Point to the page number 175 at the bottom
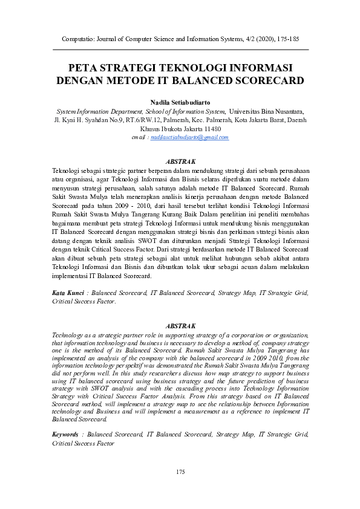tap(180, 472)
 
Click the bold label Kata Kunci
tap(67, 293)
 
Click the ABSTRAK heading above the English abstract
tap(180, 326)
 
